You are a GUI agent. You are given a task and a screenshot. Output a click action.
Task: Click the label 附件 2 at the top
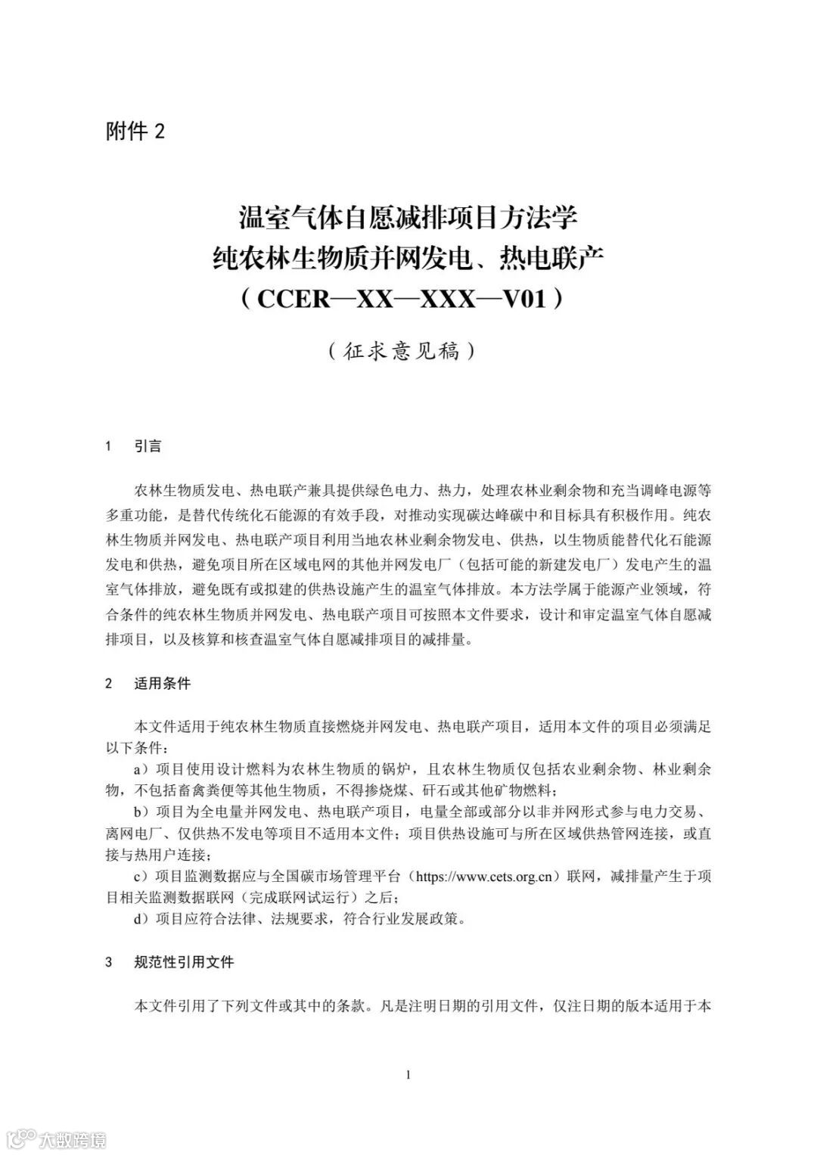coord(135,132)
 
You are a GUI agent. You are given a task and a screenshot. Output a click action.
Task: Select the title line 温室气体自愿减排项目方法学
coord(408,218)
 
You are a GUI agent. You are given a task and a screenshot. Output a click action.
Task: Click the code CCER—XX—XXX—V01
coord(401,299)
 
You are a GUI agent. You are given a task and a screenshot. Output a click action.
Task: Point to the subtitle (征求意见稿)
coord(402,351)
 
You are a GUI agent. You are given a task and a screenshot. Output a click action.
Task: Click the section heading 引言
coord(148,446)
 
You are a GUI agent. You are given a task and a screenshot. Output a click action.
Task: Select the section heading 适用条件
coord(163,684)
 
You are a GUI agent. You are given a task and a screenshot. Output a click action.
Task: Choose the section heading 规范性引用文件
coord(184,962)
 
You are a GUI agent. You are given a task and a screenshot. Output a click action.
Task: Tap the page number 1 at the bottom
coord(408,1075)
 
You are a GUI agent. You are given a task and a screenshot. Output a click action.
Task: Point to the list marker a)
coord(141,770)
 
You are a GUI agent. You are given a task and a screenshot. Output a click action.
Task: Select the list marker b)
coord(141,812)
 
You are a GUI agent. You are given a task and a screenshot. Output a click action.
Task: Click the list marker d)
coord(141,920)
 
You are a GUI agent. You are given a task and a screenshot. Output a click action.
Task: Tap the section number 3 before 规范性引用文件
coord(109,962)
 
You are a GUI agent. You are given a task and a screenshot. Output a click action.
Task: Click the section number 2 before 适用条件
coord(109,684)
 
